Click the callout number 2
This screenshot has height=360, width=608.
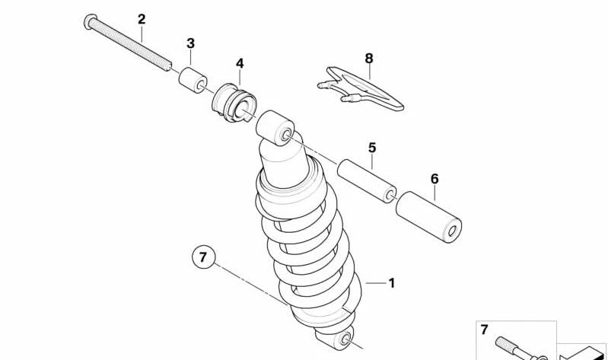(142, 19)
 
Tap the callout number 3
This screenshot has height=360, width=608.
(190, 43)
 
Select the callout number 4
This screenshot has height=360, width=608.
(240, 63)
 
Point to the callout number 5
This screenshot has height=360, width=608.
(372, 148)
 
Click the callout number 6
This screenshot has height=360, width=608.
(435, 179)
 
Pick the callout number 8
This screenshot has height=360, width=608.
(369, 59)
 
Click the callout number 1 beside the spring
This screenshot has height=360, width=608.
(392, 283)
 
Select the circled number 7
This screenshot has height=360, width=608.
(204, 256)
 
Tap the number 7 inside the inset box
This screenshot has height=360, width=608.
(484, 330)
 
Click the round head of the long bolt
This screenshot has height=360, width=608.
(90, 21)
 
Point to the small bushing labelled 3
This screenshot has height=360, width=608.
(193, 81)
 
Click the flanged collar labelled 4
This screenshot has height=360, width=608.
(234, 104)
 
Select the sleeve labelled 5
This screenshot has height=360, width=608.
(367, 180)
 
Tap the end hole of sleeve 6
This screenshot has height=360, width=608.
(452, 231)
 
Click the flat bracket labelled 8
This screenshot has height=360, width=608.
(361, 89)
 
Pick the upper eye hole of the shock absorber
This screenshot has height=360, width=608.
(286, 135)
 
